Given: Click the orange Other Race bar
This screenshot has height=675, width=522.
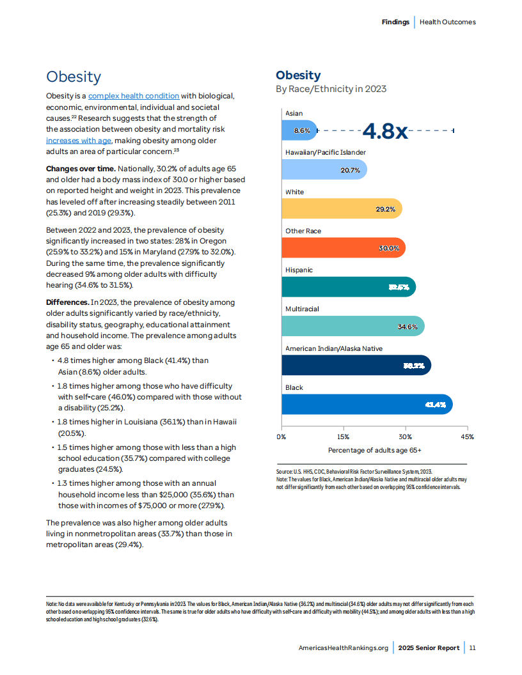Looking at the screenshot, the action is (344, 248).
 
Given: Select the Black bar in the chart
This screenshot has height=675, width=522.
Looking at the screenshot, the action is (367, 404).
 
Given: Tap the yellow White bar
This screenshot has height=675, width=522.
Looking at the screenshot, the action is (342, 209).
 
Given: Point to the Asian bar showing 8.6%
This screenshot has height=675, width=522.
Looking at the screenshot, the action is (299, 130).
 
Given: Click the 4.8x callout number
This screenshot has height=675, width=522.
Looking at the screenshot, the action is (385, 130).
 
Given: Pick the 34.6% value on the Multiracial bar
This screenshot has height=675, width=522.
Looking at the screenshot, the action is (407, 327).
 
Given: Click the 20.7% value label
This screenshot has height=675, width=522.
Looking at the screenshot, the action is (350, 170).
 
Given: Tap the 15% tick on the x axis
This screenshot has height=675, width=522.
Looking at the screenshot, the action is (344, 437).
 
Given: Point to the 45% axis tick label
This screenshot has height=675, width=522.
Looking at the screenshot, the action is (467, 437).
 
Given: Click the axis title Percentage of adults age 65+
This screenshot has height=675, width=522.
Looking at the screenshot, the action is (375, 450).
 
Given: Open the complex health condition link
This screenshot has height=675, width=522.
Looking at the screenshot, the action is (134, 96).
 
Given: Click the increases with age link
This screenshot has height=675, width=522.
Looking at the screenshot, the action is (79, 141).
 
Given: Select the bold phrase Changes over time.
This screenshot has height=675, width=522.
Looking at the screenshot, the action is (81, 169).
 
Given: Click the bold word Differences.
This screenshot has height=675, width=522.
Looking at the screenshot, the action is (68, 302).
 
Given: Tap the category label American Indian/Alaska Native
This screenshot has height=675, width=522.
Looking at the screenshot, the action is (334, 349).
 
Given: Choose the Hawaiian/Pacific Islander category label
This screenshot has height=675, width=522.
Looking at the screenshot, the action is (326, 152).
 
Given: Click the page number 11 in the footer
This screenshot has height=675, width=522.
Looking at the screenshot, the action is (473, 648).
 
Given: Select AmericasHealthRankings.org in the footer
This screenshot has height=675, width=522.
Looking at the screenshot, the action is (344, 648).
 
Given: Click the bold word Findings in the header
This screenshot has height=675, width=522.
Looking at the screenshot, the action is (395, 22).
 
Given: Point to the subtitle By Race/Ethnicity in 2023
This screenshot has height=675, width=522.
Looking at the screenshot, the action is (331, 89).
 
